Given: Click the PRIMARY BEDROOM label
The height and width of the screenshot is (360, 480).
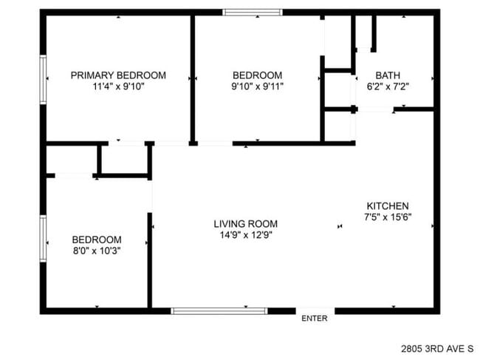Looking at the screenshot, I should coord(118,75).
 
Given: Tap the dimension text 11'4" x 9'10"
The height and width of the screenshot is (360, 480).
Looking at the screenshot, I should coord(118,86).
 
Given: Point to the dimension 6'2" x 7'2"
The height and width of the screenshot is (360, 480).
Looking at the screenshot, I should coord(388,86).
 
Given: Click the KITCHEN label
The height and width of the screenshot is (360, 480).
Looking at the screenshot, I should coord(387,206).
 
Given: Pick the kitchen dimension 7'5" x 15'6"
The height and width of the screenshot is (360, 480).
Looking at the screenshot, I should coord(387,217).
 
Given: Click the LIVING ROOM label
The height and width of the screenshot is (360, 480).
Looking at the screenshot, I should coord(246,224).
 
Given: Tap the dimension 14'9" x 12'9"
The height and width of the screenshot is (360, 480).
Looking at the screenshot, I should coord(246,236).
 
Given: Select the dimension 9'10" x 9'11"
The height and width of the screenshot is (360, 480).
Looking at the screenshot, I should coord(257,86).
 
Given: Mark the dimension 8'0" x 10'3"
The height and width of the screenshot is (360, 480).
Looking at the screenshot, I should coord(96,251).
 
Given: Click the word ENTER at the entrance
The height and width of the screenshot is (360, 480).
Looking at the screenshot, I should coord(315,319).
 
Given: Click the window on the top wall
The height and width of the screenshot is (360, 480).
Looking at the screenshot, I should coord(253,12).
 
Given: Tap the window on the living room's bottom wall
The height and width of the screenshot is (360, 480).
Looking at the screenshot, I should coord(219,310).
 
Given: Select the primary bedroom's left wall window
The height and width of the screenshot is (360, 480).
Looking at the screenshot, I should coord(44,75).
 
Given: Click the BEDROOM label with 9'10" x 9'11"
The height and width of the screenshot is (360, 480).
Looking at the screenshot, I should coord(257,75).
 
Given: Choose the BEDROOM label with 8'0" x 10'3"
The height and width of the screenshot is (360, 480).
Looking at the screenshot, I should coord(96,240).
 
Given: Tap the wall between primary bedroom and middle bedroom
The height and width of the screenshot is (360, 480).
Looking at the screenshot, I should coord(193,78).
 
